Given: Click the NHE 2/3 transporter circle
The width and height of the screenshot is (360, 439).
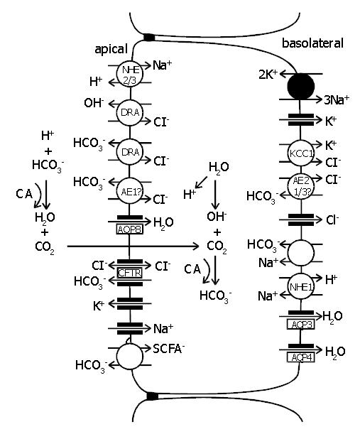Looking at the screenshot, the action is pos(130,74).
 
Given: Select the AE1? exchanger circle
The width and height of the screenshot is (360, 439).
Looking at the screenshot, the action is pos(130,191).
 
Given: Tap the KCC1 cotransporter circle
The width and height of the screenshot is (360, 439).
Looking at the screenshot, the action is pos(301,153).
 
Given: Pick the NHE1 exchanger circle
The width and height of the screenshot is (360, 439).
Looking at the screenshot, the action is pos(301,286).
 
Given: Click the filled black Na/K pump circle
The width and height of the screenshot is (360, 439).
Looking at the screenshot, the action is pos(301,86).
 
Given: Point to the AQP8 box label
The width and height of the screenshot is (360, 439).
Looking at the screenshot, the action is pos(130,229).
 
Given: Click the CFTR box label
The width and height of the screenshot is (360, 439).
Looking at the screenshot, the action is pos(130,273).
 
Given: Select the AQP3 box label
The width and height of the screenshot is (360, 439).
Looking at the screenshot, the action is pos(301,325).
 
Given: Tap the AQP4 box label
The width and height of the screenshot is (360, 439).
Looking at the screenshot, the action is pos(301,357).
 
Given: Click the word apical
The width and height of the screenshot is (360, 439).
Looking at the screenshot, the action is pos(111,49).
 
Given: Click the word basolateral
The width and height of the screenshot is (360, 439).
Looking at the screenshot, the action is pos(312,43).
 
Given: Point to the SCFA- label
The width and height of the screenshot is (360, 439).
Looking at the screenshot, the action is pos(169,349).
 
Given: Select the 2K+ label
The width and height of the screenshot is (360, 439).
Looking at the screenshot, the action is pos(268,75).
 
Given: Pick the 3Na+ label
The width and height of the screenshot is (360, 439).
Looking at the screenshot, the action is pos(337,100).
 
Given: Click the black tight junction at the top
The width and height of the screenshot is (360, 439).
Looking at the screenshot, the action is pos(149,37).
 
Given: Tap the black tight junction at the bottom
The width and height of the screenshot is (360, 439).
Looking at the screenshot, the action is pos(153,396).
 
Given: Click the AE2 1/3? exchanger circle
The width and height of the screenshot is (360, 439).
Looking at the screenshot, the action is pos(301,186).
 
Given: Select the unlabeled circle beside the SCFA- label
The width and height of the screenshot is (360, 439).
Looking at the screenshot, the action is pos(130,357).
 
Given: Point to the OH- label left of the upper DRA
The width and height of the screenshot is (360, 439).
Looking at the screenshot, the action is pos(94,103).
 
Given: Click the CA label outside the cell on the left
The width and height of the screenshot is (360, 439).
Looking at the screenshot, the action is pos(24,194).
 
